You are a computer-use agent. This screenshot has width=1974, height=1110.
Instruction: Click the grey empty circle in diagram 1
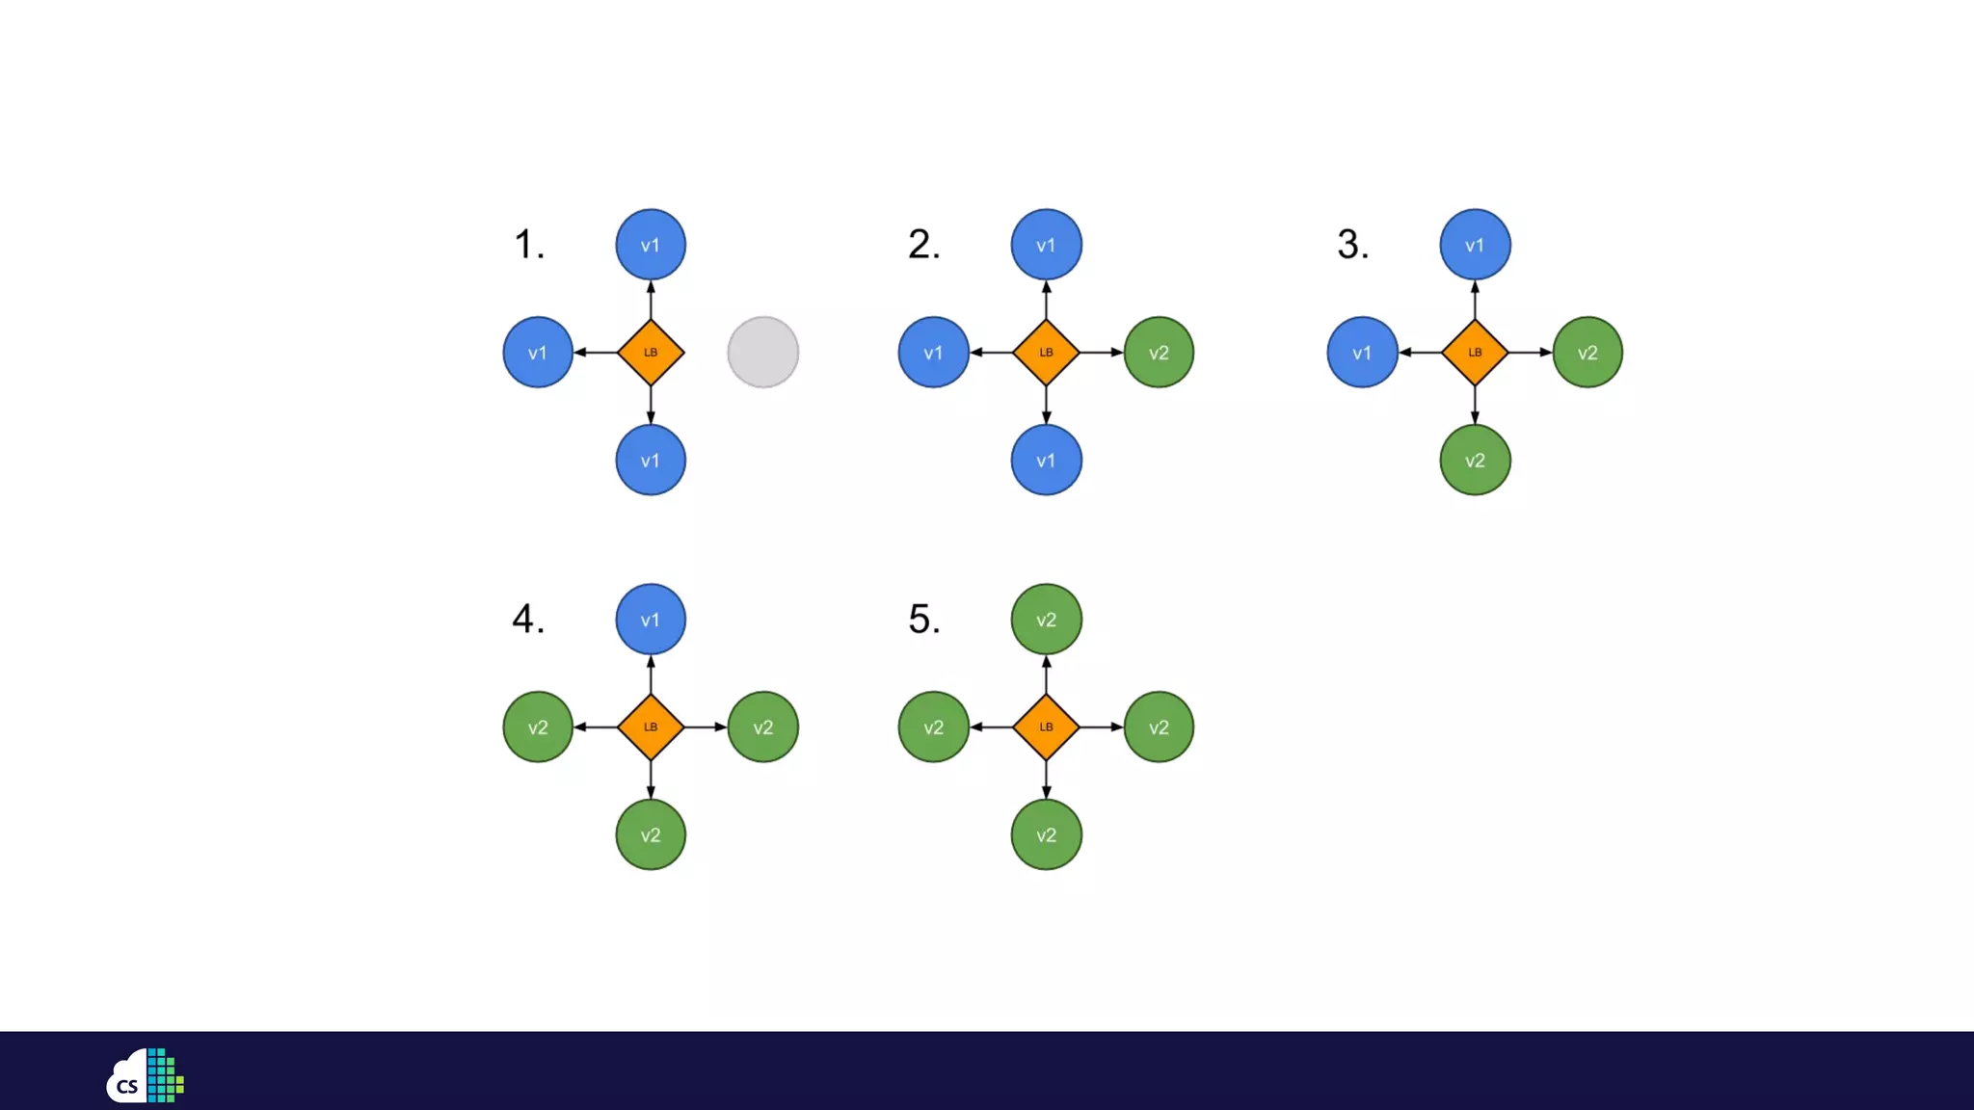(762, 353)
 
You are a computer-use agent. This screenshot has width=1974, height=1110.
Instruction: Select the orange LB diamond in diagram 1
(651, 353)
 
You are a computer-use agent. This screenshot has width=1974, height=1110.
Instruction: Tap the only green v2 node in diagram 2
(1159, 353)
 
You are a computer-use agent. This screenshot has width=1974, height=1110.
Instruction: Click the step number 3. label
(1352, 245)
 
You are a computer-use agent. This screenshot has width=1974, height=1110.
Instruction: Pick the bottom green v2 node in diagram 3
(1475, 461)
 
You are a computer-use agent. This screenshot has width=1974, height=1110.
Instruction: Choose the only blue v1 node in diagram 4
(651, 620)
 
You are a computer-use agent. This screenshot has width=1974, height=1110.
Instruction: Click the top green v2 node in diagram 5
(1046, 620)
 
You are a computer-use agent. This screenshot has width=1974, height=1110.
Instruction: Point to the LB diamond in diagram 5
(1046, 727)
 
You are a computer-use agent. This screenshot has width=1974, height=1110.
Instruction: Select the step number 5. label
(923, 620)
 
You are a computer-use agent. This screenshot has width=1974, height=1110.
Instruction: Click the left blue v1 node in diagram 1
(538, 353)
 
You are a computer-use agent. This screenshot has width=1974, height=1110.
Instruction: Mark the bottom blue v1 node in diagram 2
(1046, 461)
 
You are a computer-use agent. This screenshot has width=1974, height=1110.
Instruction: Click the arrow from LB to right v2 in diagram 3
(1531, 353)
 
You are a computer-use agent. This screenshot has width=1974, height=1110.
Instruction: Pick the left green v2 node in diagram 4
(538, 727)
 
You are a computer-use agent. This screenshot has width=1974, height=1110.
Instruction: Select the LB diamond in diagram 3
(1475, 353)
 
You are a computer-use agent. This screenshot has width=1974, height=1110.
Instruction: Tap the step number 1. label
(529, 245)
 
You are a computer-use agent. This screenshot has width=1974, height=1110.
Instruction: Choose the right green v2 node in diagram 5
(1159, 727)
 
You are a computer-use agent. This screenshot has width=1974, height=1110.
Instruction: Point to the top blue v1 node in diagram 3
(1475, 245)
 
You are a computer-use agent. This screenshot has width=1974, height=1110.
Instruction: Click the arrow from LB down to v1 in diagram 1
(651, 406)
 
